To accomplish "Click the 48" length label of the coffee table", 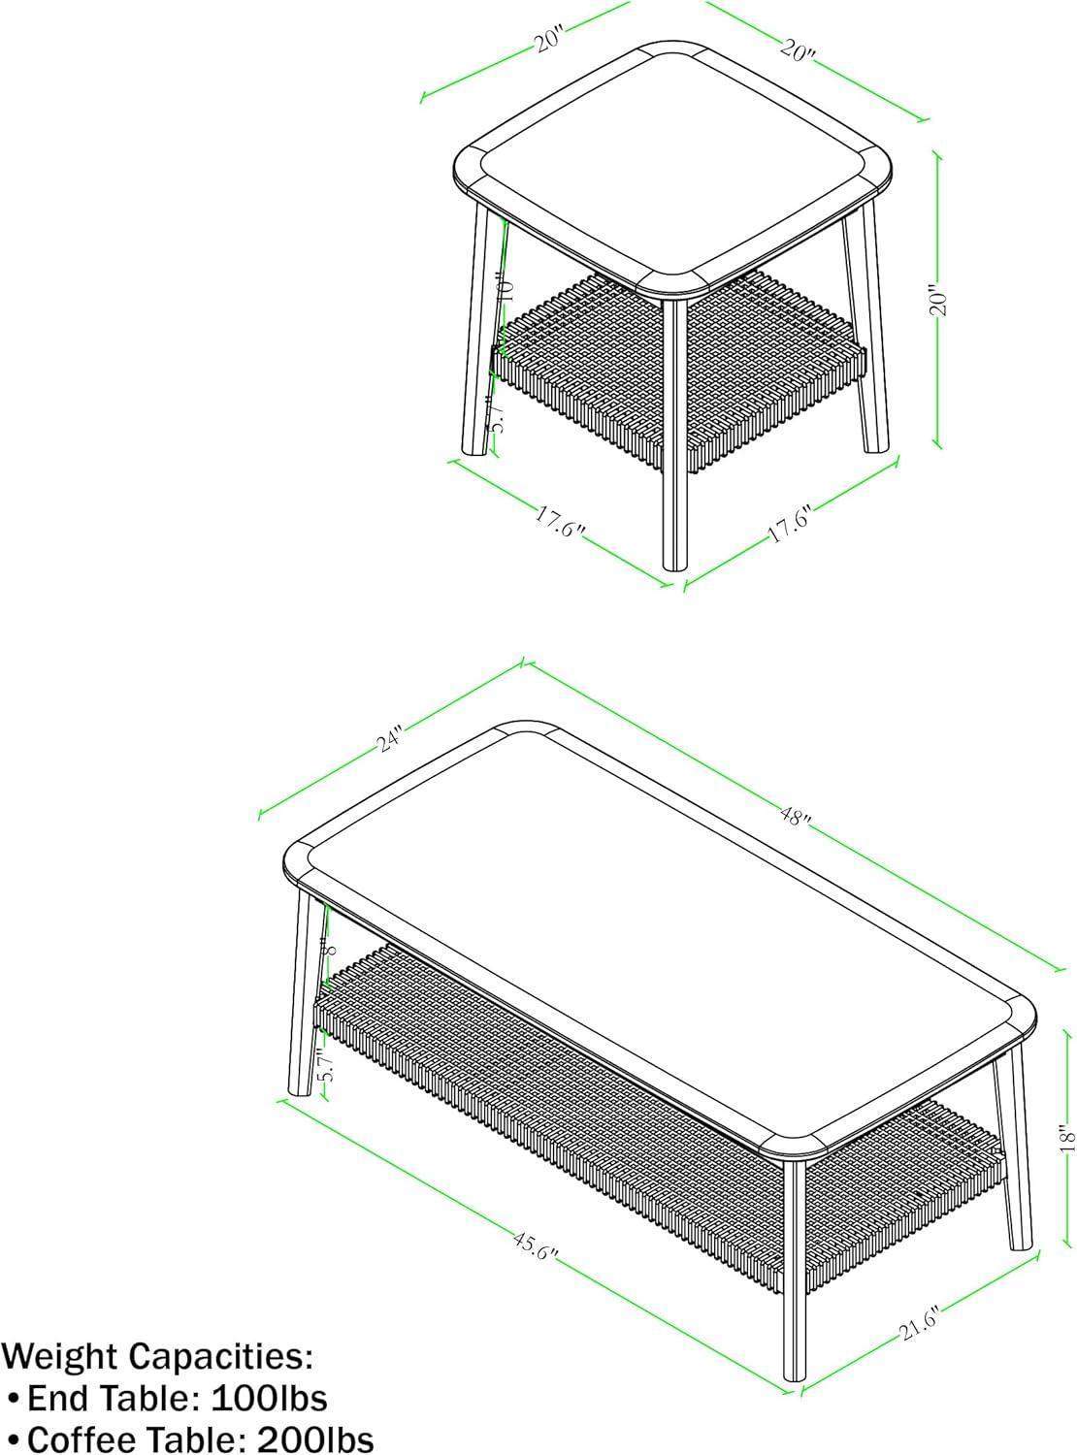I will pyautogui.click(x=795, y=819).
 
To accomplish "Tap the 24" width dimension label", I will pyautogui.click(x=390, y=739).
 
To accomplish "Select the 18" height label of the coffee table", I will pyautogui.click(x=1066, y=1137).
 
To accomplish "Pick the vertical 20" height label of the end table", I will pyautogui.click(x=937, y=301).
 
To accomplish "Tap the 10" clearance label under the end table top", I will pyautogui.click(x=503, y=288).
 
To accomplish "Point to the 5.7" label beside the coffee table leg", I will pyautogui.click(x=326, y=1067).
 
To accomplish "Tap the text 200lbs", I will pyautogui.click(x=315, y=1439).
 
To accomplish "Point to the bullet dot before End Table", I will pyautogui.click(x=14, y=1399).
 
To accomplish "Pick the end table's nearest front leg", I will pyautogui.click(x=673, y=436).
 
